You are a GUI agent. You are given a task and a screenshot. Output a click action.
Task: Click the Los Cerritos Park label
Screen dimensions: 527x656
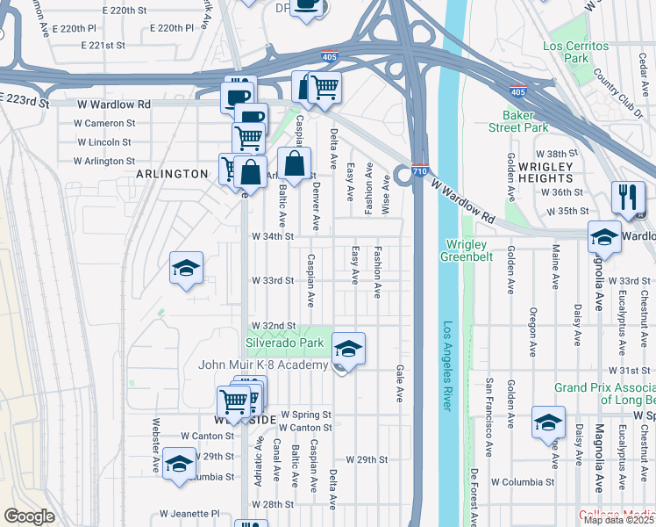575,52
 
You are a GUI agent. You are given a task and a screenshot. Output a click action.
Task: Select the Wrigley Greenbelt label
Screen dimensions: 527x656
478,250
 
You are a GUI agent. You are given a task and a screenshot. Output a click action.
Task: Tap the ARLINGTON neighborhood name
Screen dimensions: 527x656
172,174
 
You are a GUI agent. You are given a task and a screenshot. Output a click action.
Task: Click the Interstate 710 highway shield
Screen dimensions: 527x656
419,172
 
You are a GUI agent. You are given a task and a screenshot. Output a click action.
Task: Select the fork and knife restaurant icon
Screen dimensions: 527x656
628,198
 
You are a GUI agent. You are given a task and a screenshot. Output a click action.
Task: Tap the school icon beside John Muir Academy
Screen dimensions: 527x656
348,350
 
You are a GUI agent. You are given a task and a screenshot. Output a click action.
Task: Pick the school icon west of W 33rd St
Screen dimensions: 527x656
186,268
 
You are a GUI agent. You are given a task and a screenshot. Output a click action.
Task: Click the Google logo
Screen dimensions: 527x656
29,516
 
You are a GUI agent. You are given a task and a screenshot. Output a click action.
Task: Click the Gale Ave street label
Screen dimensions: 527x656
400,384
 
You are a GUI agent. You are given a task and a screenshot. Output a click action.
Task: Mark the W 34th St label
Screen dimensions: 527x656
272,236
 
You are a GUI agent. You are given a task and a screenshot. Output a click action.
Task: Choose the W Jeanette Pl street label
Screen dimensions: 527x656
189,514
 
